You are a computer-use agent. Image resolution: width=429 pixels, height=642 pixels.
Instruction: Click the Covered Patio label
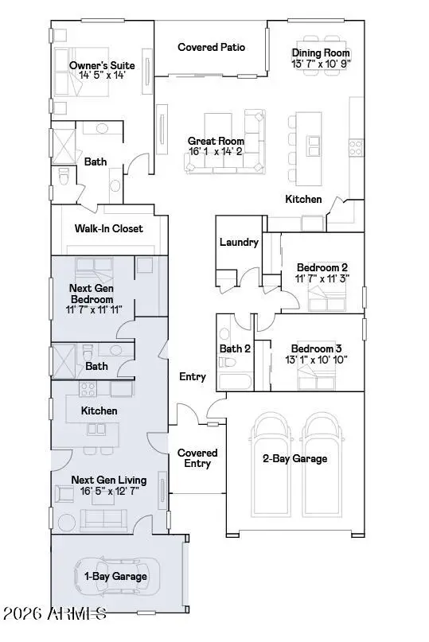211,47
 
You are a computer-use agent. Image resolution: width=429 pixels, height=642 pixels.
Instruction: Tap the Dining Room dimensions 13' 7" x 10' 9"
321,64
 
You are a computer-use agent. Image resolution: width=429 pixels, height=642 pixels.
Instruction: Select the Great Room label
216,141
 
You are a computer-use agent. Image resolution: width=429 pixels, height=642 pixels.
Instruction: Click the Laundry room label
239,242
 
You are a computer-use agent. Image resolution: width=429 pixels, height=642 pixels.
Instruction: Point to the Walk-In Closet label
108,228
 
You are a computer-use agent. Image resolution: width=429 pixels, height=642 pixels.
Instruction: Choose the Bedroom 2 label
322,267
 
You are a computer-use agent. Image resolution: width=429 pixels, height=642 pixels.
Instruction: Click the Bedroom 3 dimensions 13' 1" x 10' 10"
316,360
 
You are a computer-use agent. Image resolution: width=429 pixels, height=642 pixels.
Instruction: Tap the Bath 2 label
235,348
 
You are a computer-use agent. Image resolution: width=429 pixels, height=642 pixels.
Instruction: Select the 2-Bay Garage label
295,458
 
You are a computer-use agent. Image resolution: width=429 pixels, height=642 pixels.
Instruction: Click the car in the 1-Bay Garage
117,577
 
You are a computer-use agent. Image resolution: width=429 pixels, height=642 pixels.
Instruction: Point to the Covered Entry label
197,458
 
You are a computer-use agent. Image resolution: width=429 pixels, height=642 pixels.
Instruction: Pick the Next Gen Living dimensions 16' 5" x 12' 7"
109,491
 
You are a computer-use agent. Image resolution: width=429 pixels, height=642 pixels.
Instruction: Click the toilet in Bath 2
227,362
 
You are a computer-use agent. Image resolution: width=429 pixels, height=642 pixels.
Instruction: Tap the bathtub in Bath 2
236,381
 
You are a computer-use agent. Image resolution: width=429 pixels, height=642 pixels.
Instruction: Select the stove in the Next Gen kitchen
88,388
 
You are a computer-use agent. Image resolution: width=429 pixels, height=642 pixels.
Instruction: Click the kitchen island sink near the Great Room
314,146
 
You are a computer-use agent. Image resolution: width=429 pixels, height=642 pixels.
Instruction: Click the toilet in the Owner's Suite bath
64,177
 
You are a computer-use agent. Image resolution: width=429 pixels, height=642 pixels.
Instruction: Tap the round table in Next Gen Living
66,523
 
